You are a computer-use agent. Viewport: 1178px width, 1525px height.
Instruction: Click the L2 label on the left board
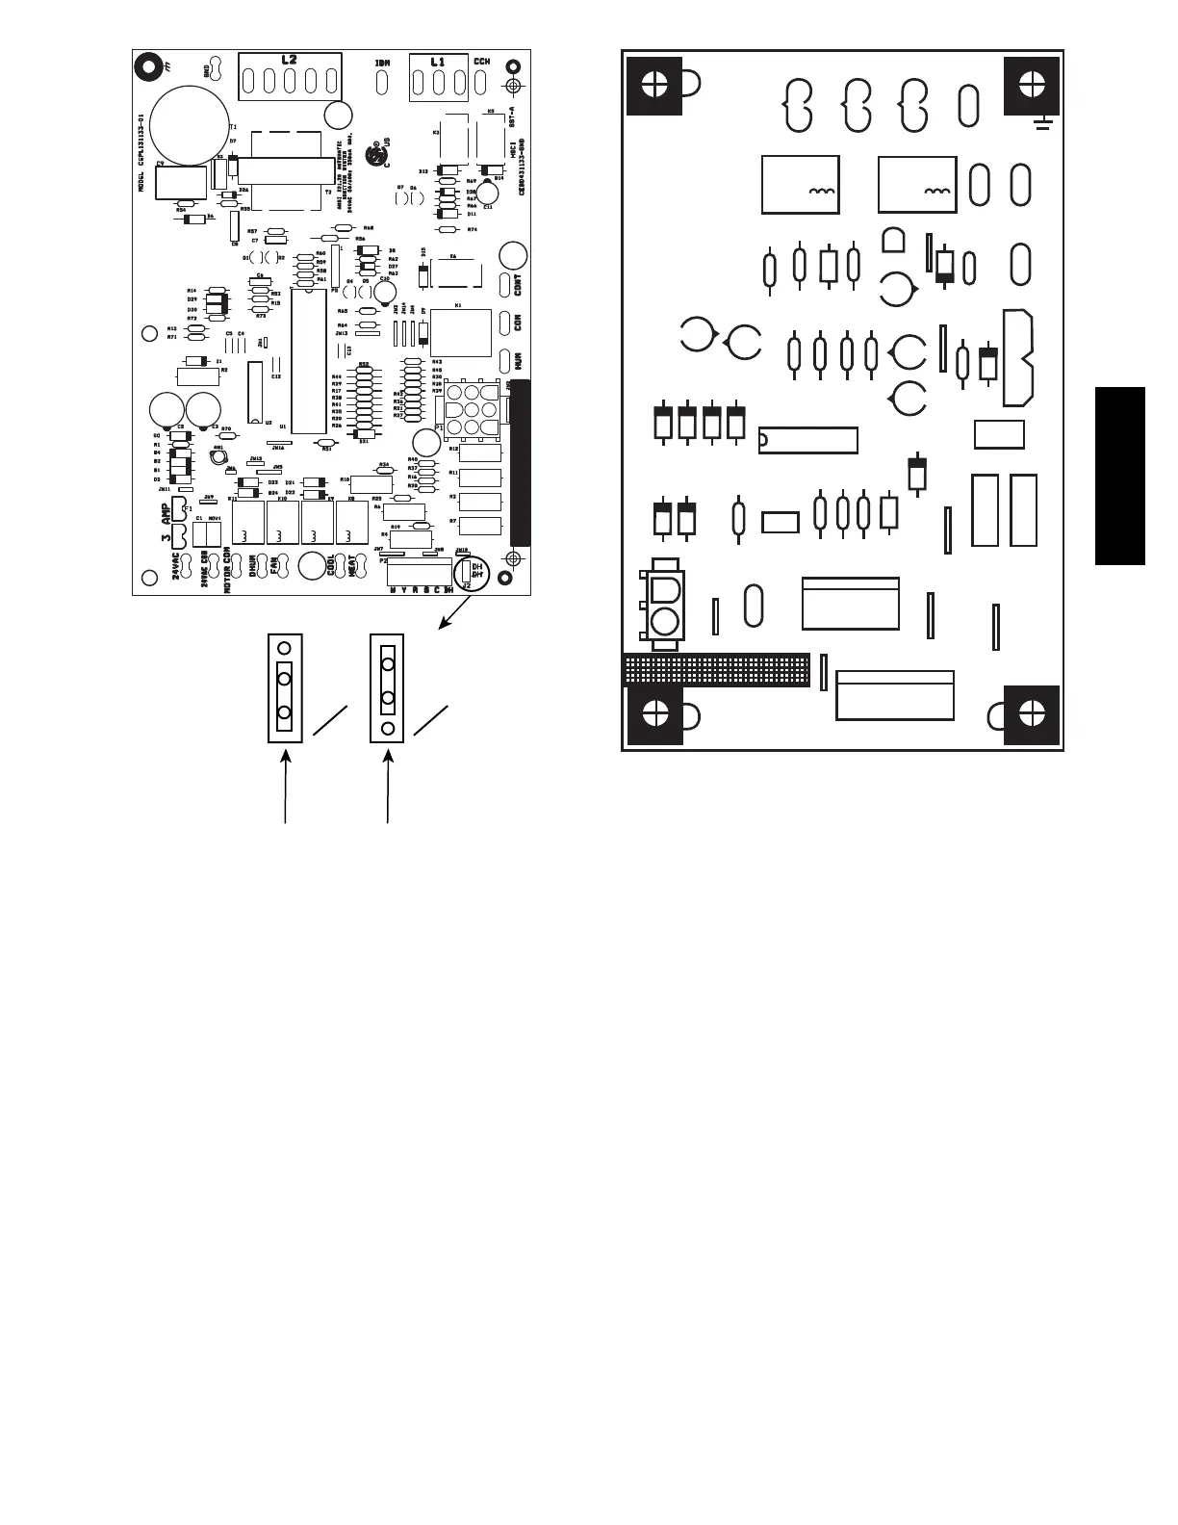click(x=290, y=60)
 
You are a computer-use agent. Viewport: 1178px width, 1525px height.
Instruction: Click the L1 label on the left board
click(x=438, y=61)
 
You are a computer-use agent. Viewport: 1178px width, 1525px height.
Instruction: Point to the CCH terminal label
click(x=481, y=62)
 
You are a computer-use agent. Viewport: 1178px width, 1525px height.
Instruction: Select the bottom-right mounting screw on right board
click(x=1032, y=713)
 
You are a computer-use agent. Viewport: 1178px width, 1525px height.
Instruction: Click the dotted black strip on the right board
click(x=717, y=669)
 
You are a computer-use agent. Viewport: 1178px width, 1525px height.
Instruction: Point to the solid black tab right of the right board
click(x=1119, y=476)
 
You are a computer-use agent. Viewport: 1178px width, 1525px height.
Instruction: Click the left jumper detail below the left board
click(x=285, y=687)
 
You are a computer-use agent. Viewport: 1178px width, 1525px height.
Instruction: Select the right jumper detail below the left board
click(x=387, y=687)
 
